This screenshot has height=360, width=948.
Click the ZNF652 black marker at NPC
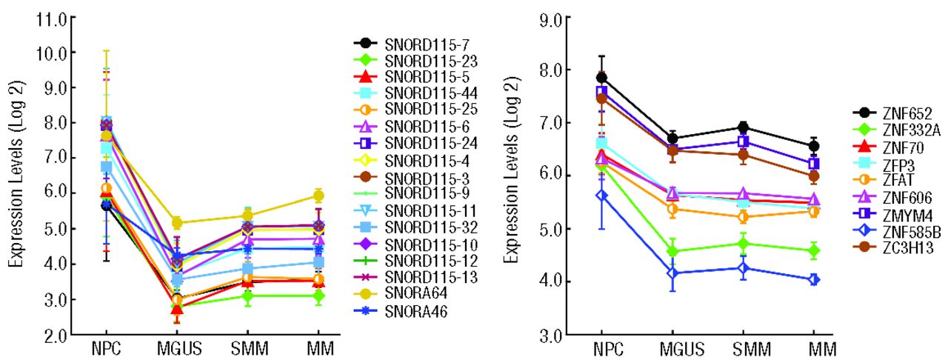tap(602, 78)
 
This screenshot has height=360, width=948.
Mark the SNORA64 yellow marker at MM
tap(318, 196)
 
